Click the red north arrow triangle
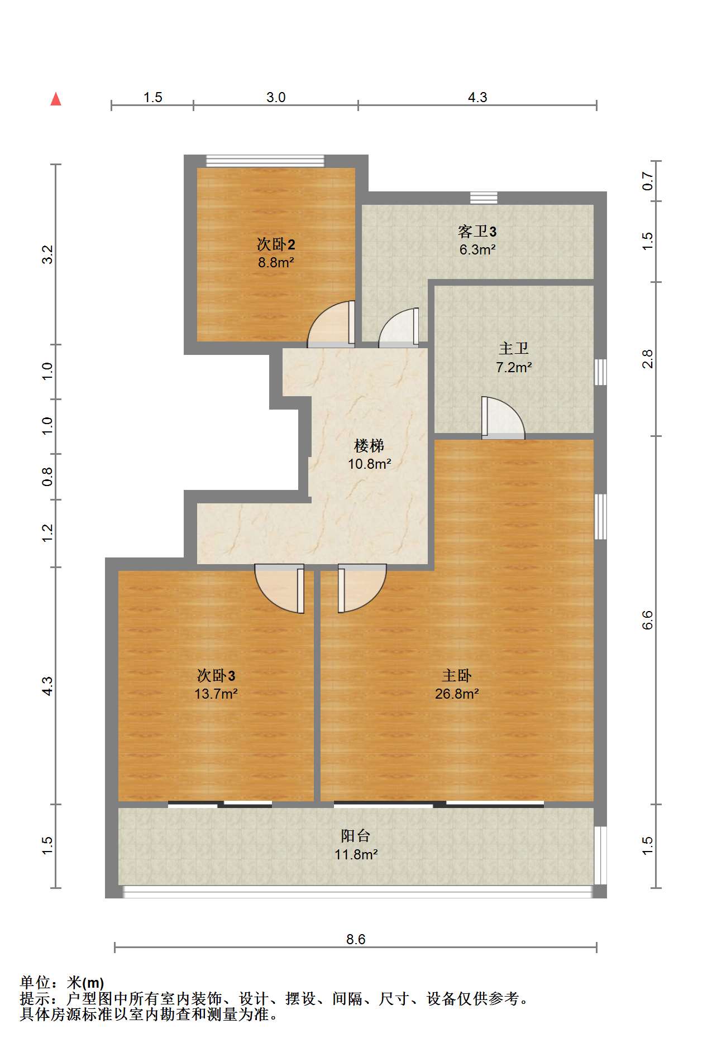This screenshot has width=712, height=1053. coord(56,99)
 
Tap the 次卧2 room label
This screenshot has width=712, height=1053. coord(276,244)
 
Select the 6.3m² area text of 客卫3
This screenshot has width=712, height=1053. coord(477,250)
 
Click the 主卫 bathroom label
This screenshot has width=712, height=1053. coord(513,349)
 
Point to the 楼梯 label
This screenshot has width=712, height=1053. coord(369,446)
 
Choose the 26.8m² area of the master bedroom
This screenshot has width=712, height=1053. coord(457,694)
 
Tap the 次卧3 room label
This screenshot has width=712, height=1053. coord(216,676)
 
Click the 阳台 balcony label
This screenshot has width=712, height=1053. coord(356,836)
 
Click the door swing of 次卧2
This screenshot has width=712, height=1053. coord(331,324)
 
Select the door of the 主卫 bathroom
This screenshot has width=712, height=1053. coord(503,417)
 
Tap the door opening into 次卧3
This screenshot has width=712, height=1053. coord(280,589)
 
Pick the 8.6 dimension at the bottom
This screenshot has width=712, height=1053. coord(356,939)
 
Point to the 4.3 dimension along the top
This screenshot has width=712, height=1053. coord(477,98)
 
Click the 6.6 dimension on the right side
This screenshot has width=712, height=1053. coord(647,620)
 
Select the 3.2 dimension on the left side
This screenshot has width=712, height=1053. coord(47,254)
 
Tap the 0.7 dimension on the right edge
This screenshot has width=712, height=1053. coord(647,181)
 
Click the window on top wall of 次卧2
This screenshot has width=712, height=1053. coord(265,161)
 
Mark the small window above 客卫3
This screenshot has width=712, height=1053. coord(484,198)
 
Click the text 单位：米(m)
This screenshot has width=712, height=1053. coord(62,983)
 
